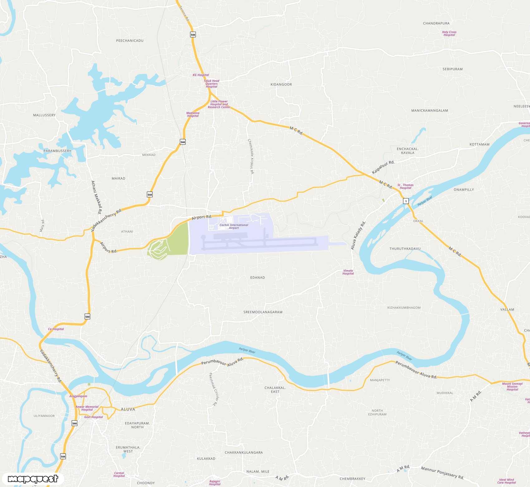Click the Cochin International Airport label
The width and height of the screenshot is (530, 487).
pos(234,226)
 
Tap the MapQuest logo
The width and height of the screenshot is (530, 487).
pos(33,479)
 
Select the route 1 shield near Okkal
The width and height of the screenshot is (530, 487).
pos(406,201)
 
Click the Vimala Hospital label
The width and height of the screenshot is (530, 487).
pos(348,272)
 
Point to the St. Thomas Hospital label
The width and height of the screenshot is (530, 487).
pos(405,186)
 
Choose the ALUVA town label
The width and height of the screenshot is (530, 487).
pos(128,409)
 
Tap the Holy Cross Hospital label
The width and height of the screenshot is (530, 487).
pos(449,33)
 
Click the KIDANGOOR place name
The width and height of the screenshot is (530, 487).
pos(281,85)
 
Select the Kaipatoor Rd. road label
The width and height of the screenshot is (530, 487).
pos(383,167)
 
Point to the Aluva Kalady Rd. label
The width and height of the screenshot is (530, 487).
pos(358,235)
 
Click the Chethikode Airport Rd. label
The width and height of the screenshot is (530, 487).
pos(251,156)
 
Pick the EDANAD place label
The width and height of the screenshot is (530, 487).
pos(258,278)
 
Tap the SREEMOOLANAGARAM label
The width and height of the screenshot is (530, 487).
pos(263,312)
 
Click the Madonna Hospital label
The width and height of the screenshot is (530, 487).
pos(193,115)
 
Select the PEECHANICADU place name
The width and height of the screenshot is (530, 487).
pos(130,41)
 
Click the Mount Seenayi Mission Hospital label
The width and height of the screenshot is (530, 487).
pos(512,386)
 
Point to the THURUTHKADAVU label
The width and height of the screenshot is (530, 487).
pos(405,249)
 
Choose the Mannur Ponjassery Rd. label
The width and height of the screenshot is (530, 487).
pos(442,473)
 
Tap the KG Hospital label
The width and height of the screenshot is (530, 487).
pos(201,75)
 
